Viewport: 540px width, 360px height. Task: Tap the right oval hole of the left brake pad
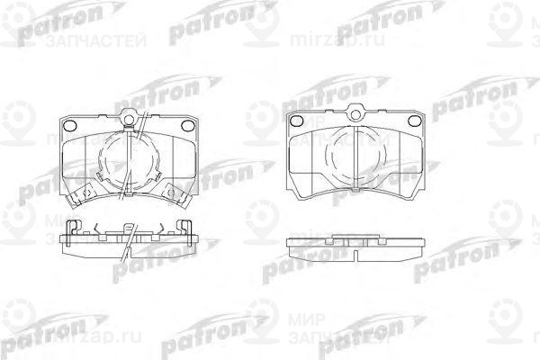click(x=186, y=125)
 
